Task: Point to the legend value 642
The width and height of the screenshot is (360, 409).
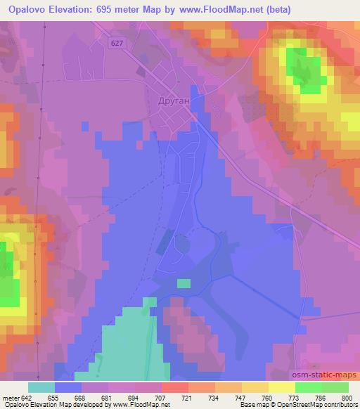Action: (x=27, y=397)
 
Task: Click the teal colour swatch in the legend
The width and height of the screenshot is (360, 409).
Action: (x=41, y=387)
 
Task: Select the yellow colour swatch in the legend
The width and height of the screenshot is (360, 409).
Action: (x=282, y=387)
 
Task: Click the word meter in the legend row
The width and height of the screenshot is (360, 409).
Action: (x=11, y=397)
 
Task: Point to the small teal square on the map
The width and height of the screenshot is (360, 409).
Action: (x=184, y=283)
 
